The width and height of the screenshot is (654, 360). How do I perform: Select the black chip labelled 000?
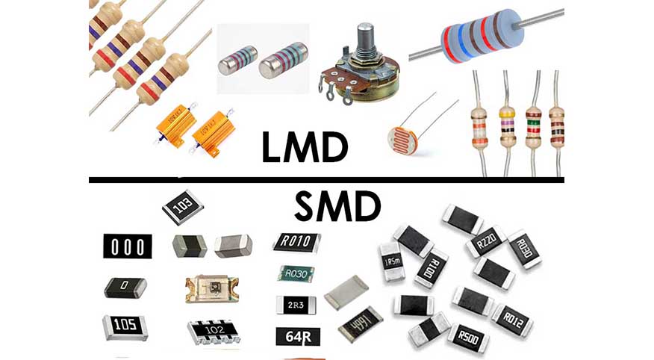point(127,246)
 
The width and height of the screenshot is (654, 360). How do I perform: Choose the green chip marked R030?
point(296,273)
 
